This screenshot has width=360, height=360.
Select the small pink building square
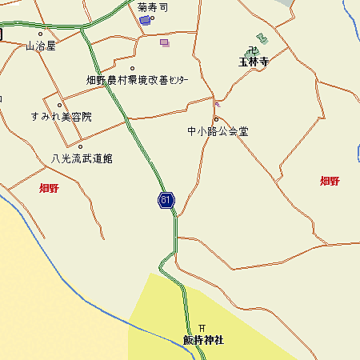(165, 42)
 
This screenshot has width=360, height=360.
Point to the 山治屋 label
(41, 46)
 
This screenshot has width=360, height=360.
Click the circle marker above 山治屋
(40, 34)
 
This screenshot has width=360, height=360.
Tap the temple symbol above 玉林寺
(260, 38)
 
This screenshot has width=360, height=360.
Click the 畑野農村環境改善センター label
(138, 80)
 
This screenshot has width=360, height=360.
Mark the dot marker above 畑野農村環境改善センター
(132, 69)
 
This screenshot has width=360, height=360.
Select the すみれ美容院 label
(61, 117)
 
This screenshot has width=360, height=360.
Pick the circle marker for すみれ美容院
(59, 105)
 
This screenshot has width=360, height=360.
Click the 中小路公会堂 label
(218, 131)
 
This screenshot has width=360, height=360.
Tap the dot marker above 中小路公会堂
(215, 120)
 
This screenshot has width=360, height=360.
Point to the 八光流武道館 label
(82, 158)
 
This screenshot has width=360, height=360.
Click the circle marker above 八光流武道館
(80, 146)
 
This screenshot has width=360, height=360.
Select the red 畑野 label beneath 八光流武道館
(49, 189)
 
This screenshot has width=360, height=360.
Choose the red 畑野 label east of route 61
(330, 181)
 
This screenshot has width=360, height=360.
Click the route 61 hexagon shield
(166, 200)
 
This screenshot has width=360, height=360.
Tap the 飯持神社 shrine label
(203, 341)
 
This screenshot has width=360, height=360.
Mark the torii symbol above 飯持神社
(202, 328)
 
